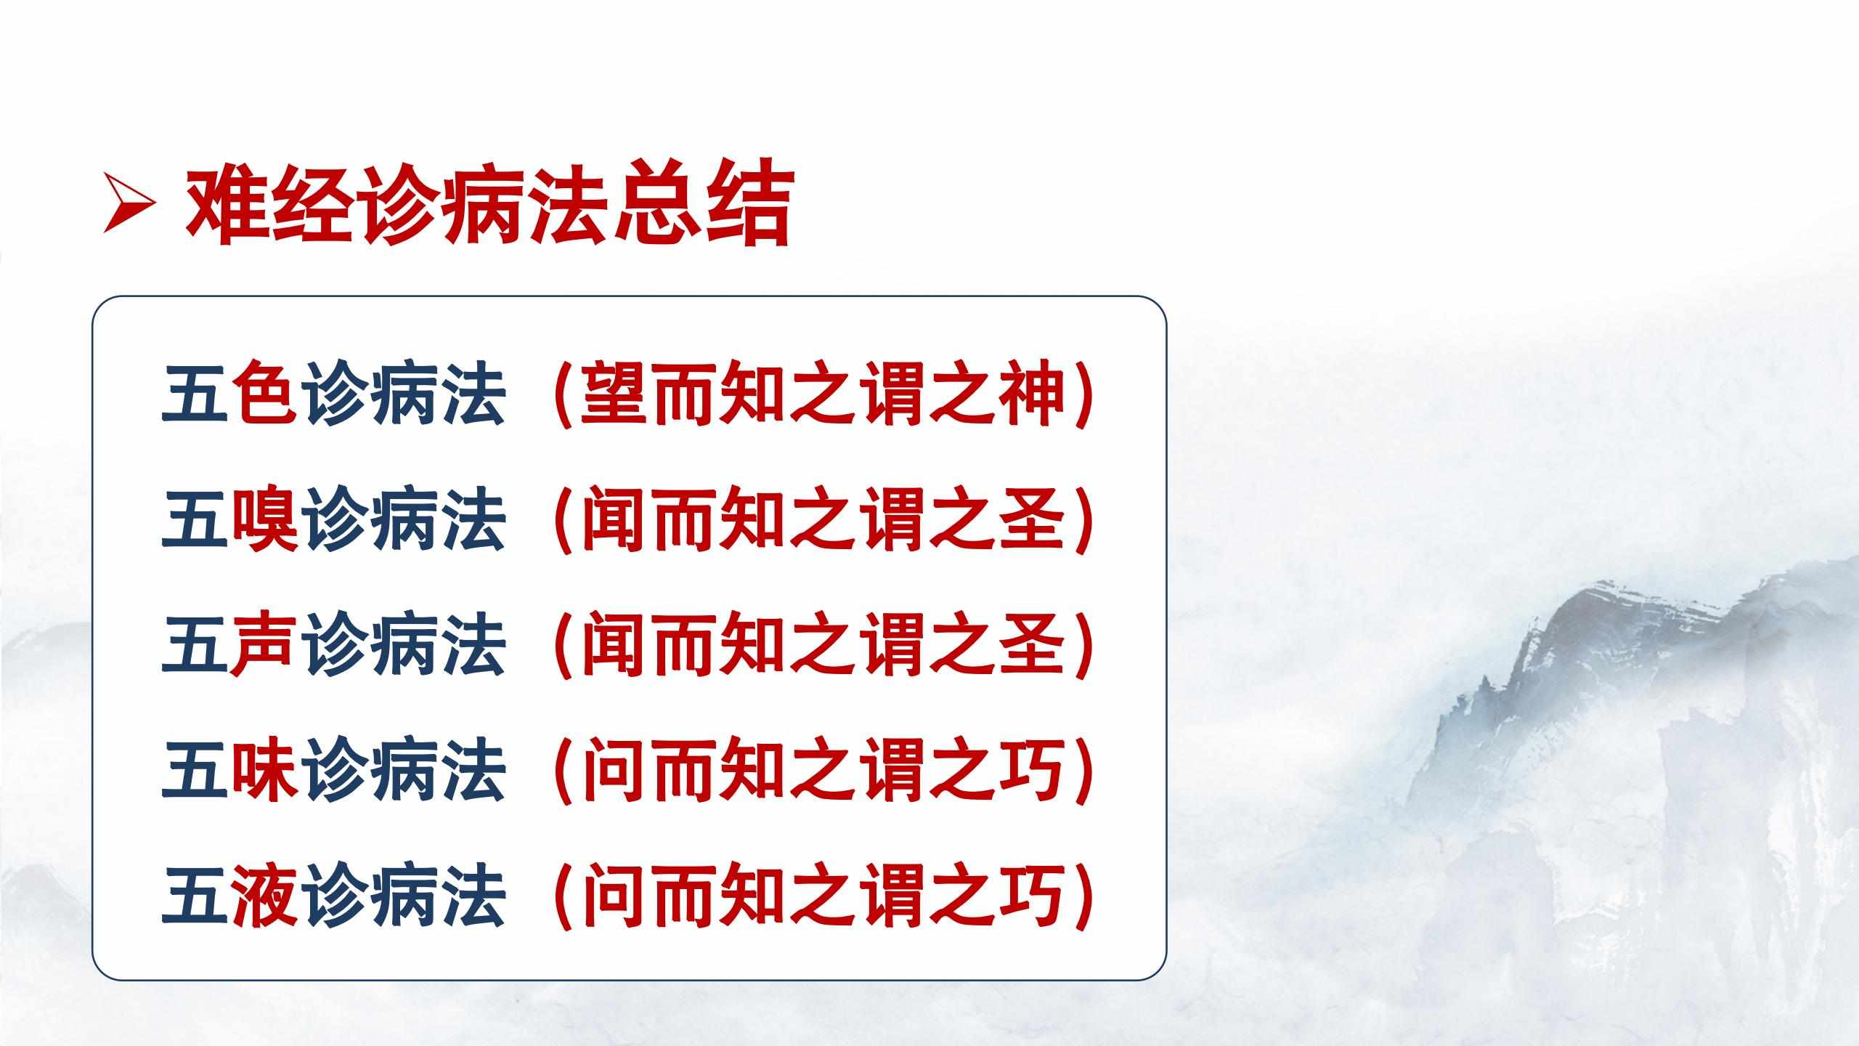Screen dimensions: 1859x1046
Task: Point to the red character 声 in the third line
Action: pyautogui.click(x=265, y=644)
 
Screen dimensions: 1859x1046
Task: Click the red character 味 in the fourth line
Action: pyautogui.click(x=265, y=769)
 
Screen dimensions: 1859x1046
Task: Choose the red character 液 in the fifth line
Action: pyautogui.click(x=265, y=894)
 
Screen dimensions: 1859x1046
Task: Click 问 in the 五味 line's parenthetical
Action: pyautogui.click(x=614, y=769)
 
